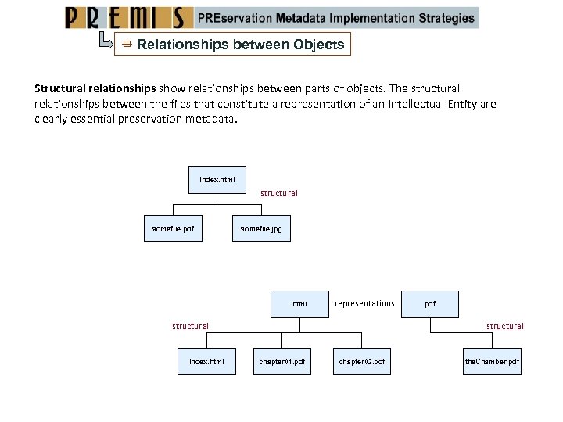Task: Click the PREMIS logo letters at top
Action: click(x=129, y=18)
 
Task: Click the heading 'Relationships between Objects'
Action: click(x=240, y=45)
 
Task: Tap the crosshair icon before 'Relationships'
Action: click(x=125, y=45)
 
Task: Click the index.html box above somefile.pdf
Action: click(x=217, y=180)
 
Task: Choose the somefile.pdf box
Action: click(x=173, y=229)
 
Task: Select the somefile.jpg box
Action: click(x=261, y=229)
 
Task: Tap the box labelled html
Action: click(x=299, y=304)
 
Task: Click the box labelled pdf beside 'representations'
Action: click(x=430, y=304)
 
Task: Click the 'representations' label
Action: click(x=364, y=303)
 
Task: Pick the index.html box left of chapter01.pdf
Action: click(x=206, y=362)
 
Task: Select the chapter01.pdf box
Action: click(x=282, y=362)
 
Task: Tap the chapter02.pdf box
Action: click(x=361, y=362)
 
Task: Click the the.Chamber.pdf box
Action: click(x=492, y=362)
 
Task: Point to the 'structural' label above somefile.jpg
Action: click(x=279, y=193)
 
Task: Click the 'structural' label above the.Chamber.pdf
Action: click(x=505, y=326)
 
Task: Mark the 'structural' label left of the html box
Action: click(x=191, y=326)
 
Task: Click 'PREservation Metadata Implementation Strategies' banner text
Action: click(x=336, y=18)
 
